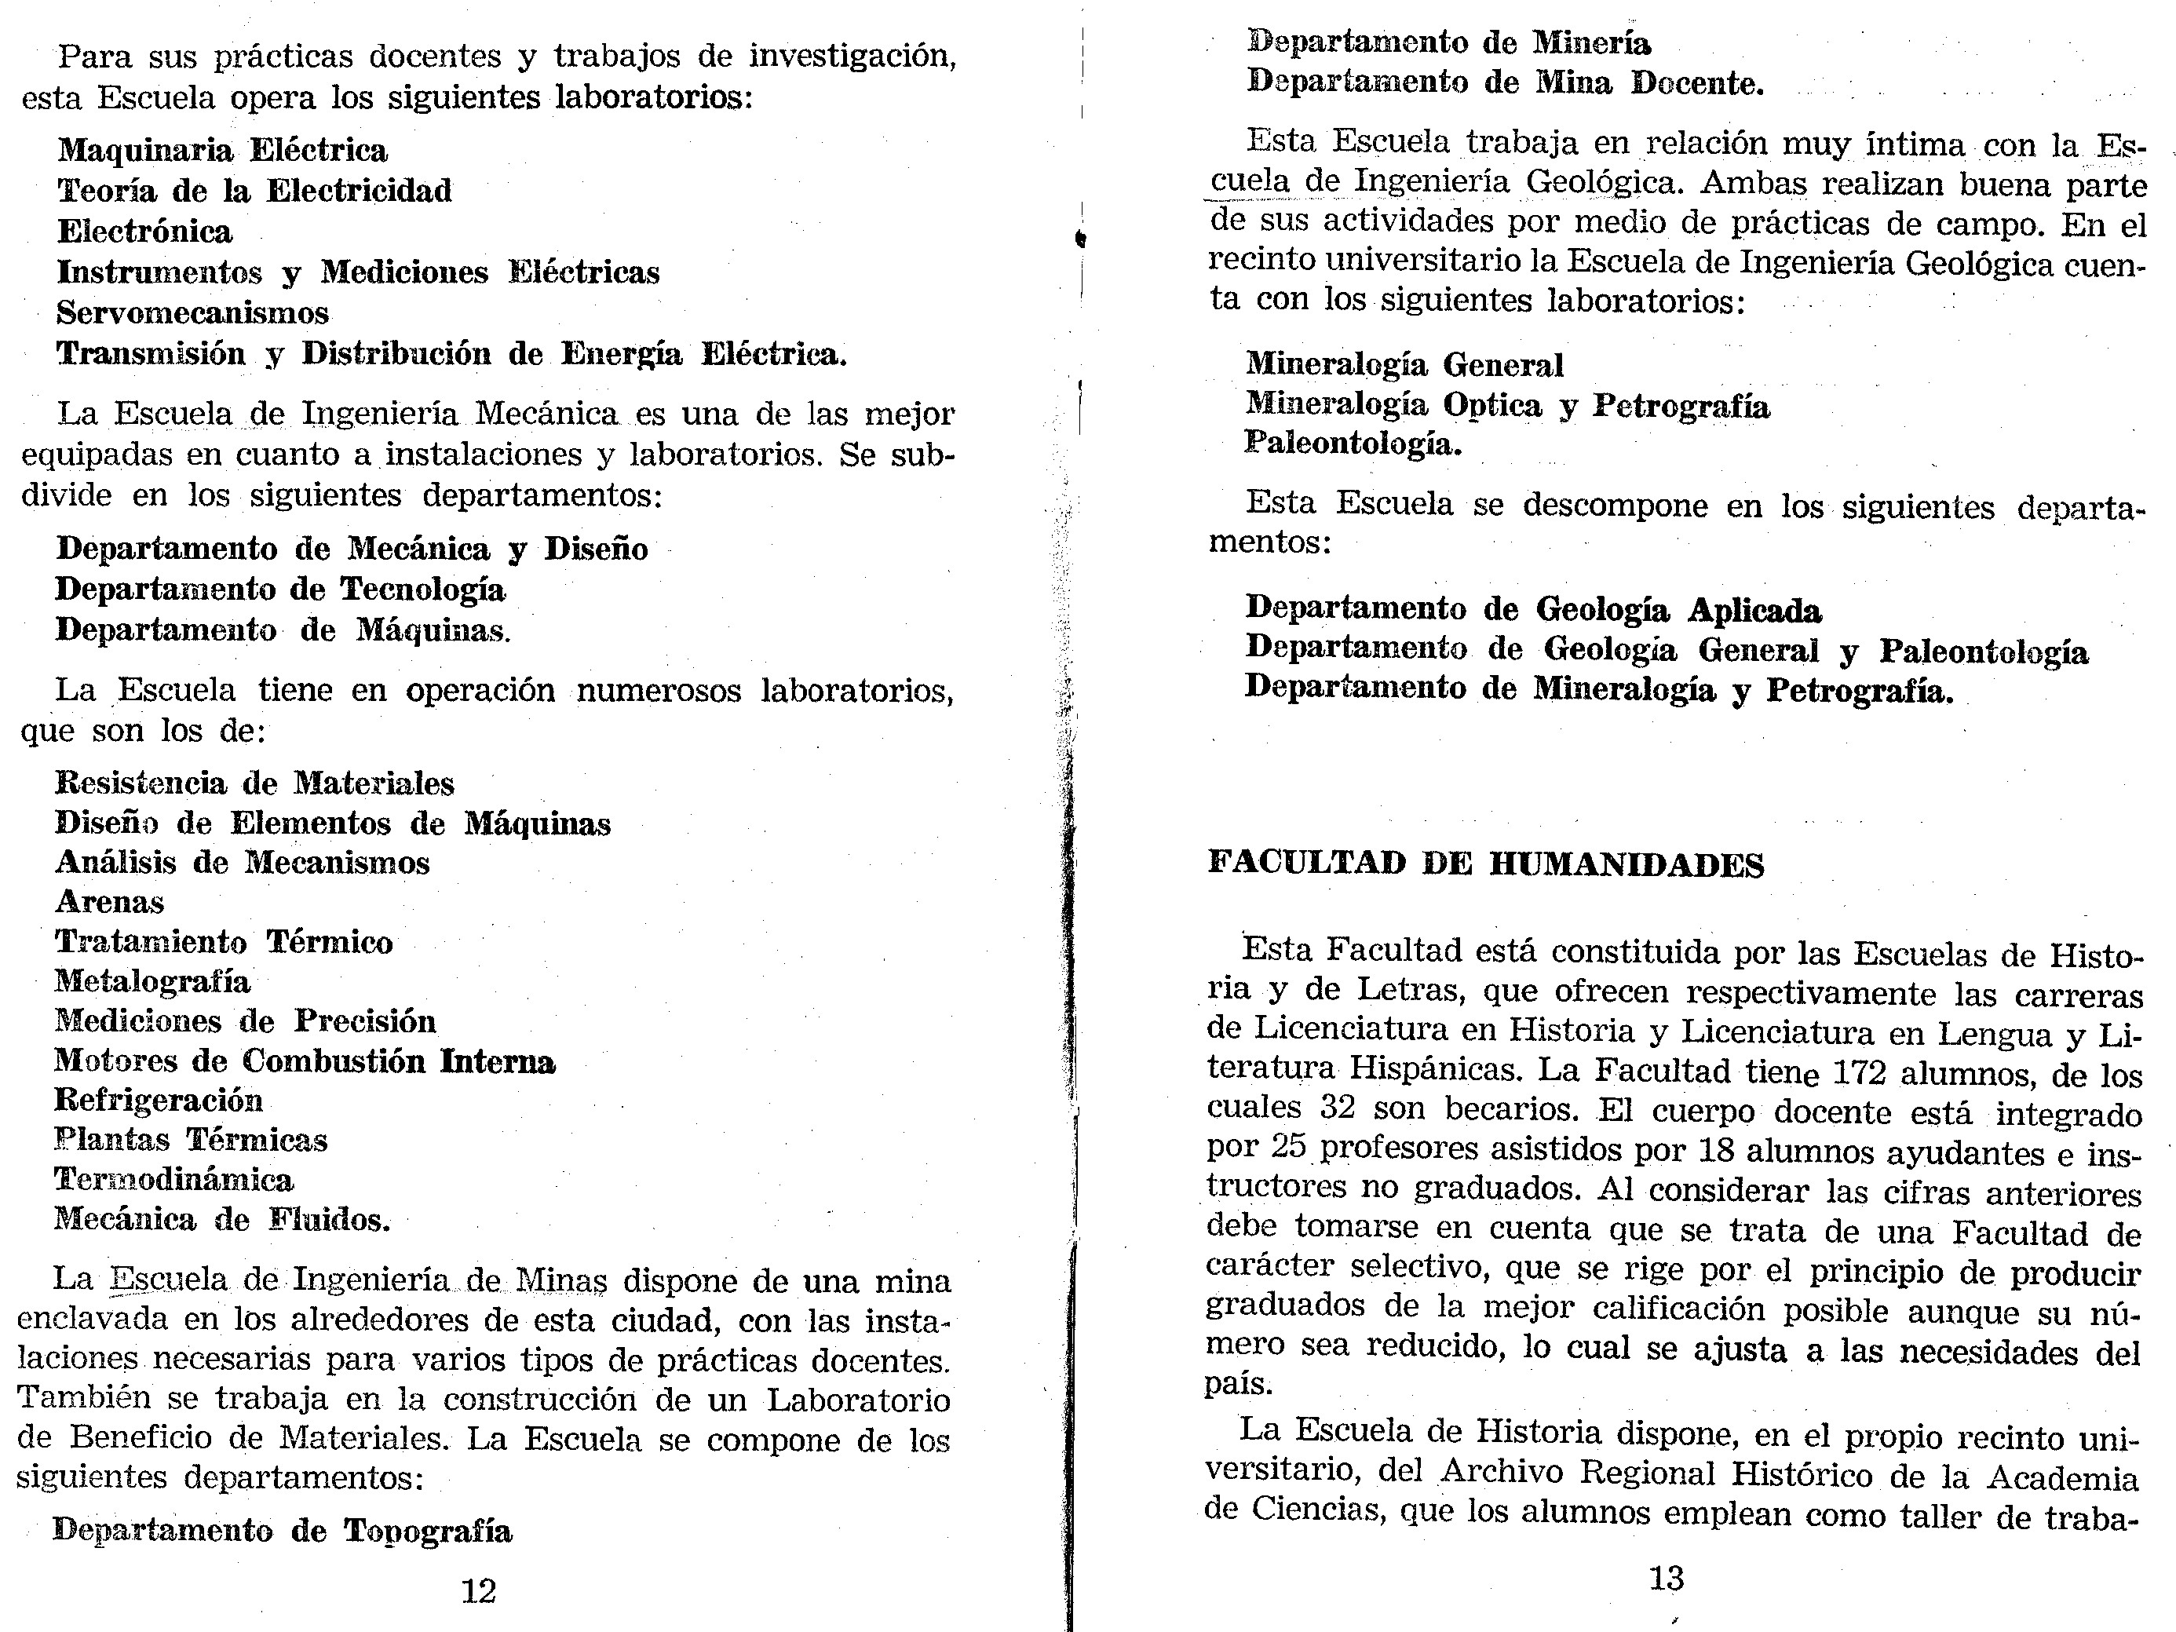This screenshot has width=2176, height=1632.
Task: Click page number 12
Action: [x=479, y=1590]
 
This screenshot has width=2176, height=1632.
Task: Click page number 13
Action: [x=1667, y=1579]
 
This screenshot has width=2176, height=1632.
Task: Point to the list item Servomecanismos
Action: [x=193, y=313]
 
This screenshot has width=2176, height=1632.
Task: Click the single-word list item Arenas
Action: [x=109, y=901]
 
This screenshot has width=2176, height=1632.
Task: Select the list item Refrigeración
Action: [x=159, y=1099]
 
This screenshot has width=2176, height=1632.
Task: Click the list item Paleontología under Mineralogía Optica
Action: [x=1353, y=444]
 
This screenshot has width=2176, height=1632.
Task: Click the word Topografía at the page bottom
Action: [x=427, y=1531]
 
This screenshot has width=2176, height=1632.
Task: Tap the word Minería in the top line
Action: [x=1590, y=43]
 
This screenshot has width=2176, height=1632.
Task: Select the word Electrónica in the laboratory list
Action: [x=144, y=231]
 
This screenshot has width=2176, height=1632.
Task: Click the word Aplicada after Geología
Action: [x=1754, y=611]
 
